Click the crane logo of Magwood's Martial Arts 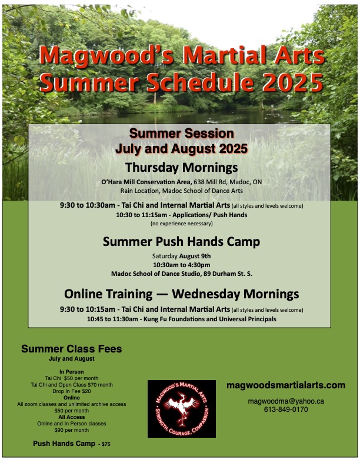pyautogui.click(x=182, y=409)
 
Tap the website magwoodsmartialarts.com pyautogui.click(x=286, y=385)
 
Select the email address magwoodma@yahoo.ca pyautogui.click(x=286, y=401)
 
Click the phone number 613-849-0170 pyautogui.click(x=286, y=410)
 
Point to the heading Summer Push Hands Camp pyautogui.click(x=181, y=242)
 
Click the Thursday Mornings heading pyautogui.click(x=182, y=168)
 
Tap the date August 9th pyautogui.click(x=195, y=256)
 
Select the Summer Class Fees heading pyautogui.click(x=72, y=348)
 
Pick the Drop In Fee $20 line pyautogui.click(x=72, y=391)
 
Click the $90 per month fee pyautogui.click(x=72, y=430)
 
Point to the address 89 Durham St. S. pyautogui.click(x=228, y=274)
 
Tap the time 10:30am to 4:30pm pyautogui.click(x=182, y=265)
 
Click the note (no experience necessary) pyautogui.click(x=182, y=224)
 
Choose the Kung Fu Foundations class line pyautogui.click(x=182, y=319)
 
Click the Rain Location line pyautogui.click(x=182, y=191)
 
